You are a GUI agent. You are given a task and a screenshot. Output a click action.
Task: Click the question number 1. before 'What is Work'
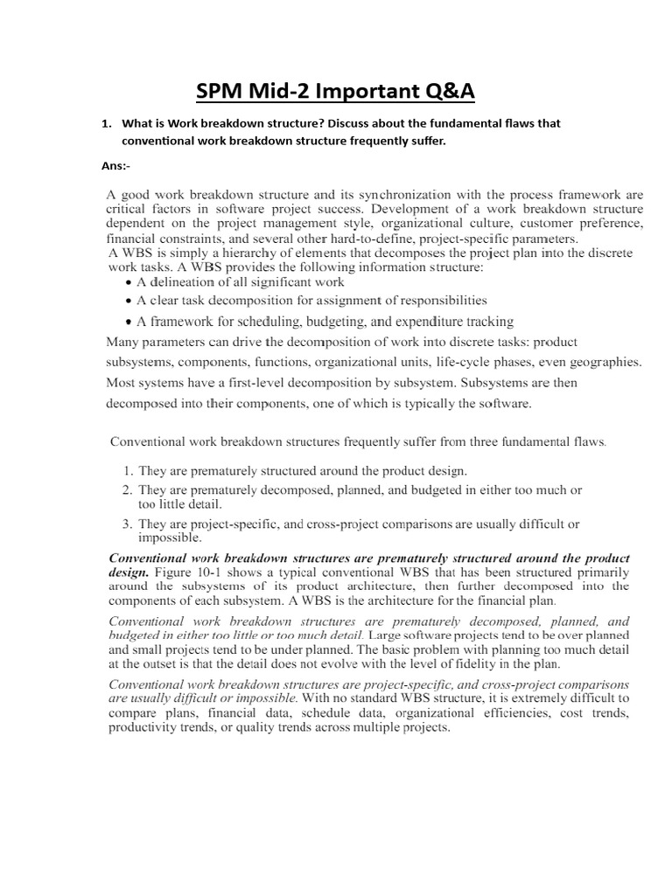[x=108, y=123]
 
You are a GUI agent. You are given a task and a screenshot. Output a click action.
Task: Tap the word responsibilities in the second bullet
[x=437, y=300]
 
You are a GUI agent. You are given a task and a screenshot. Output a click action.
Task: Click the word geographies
[x=603, y=362]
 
